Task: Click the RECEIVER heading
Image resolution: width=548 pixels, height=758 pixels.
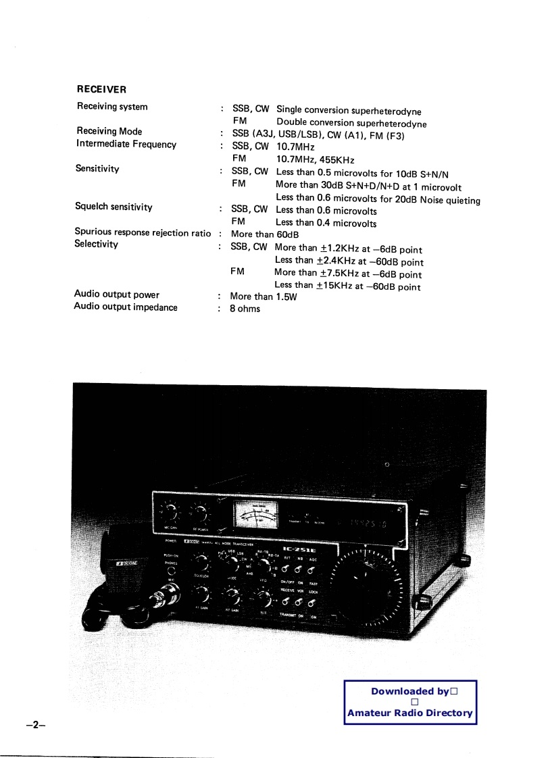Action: (x=101, y=89)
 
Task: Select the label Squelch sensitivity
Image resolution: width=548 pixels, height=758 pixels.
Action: (x=114, y=207)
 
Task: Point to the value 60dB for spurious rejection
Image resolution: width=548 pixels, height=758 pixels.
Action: (x=288, y=234)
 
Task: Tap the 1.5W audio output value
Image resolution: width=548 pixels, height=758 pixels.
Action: (x=287, y=297)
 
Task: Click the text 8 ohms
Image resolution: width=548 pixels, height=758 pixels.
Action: (x=245, y=309)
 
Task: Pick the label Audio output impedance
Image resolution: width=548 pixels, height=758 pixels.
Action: (x=126, y=307)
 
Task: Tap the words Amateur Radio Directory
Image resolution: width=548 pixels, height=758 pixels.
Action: (x=409, y=713)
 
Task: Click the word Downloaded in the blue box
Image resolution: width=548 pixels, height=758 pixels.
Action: (x=403, y=691)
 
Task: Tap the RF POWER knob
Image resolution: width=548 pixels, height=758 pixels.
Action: (x=199, y=513)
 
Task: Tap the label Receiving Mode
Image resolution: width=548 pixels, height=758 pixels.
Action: (x=109, y=131)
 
